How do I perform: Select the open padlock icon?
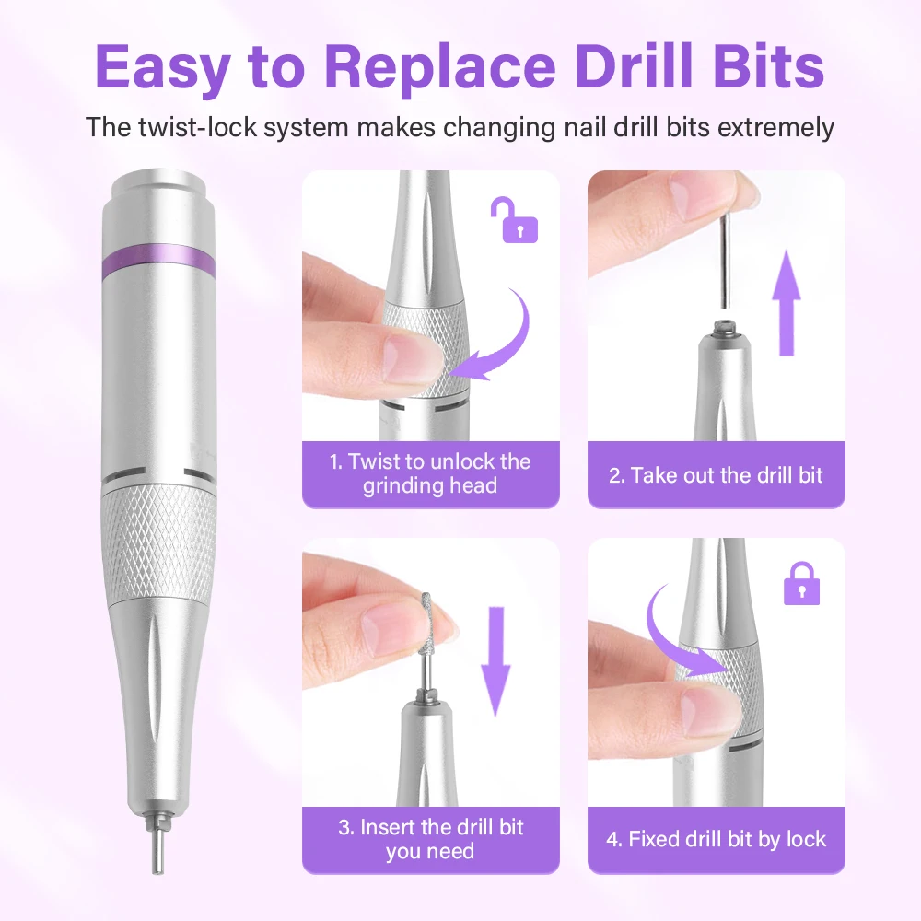(519, 221)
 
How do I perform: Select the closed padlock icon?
(801, 583)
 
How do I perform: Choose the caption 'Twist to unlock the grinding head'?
(430, 473)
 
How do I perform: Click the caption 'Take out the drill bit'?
(716, 475)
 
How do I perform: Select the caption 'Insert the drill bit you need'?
(430, 839)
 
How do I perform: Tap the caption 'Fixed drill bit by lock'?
(716, 839)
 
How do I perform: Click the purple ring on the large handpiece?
(157, 262)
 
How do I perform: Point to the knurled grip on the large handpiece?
(157, 543)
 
